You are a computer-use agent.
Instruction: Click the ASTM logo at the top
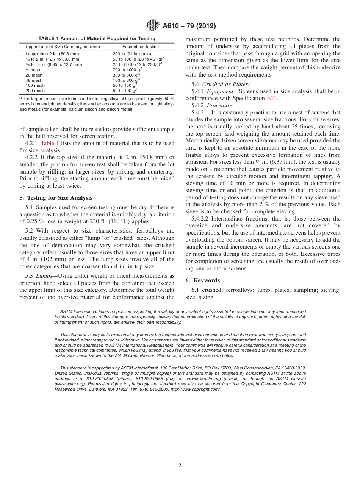point(153,26)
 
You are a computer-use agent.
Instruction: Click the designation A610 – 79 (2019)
point(189,26)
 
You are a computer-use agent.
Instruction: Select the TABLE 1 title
point(97,39)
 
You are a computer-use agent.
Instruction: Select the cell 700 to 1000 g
point(126,70)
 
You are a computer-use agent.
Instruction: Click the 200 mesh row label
point(35,91)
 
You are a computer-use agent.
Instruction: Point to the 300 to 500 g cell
point(126,75)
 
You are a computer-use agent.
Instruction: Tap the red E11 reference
point(271,98)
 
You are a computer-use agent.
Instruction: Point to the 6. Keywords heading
point(203,280)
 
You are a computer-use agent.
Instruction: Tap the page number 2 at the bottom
point(180,466)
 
